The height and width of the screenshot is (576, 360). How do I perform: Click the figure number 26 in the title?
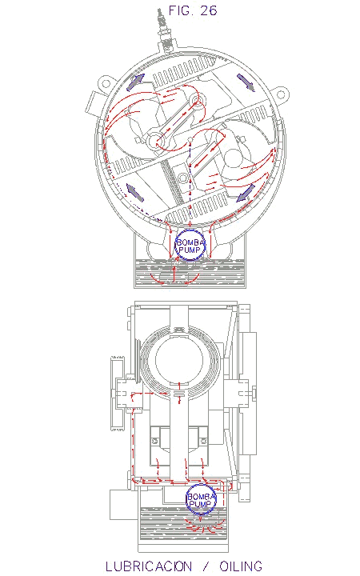tap(209, 10)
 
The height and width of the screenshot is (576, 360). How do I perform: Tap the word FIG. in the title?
tap(181, 10)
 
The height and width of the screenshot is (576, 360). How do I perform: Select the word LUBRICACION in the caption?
tap(149, 566)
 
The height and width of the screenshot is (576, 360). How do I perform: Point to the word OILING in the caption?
tap(241, 566)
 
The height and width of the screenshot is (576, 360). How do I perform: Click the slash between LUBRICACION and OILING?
tap(206, 566)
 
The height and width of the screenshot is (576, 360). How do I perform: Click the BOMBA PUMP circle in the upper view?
tap(190, 245)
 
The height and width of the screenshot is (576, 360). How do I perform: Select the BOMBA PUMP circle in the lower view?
tap(201, 499)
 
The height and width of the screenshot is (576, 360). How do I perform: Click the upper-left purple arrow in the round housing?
tap(135, 82)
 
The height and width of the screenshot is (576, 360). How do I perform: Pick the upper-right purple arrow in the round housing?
tap(246, 82)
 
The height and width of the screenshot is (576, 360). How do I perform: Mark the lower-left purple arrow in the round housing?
tap(135, 192)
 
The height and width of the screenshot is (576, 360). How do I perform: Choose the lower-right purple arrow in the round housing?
tap(246, 193)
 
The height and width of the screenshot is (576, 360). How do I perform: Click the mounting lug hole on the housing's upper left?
tap(106, 83)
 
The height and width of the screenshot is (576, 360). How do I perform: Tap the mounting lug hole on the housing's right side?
tap(281, 94)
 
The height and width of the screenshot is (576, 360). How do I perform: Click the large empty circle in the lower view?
tap(179, 360)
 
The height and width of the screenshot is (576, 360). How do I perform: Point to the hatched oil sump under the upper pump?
tap(190, 272)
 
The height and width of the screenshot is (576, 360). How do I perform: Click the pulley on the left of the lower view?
tap(118, 393)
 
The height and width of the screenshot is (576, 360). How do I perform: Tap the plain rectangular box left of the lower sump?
tap(124, 505)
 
